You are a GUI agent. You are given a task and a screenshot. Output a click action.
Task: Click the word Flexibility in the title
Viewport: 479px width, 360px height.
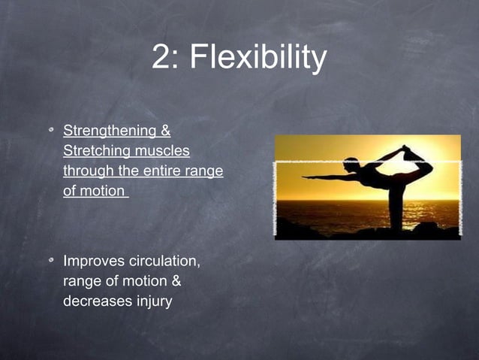tap(260, 59)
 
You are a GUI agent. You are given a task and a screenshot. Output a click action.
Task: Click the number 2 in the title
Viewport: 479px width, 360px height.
tap(161, 59)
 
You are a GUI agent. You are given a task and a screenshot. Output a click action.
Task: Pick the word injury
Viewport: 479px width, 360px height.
tap(152, 301)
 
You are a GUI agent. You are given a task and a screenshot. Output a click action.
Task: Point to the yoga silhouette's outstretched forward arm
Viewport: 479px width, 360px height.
tap(323, 177)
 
